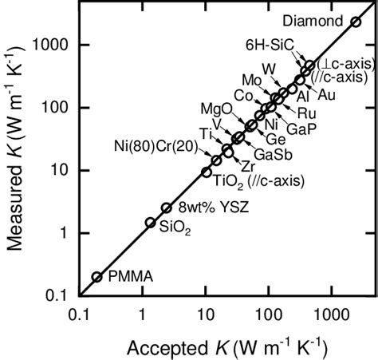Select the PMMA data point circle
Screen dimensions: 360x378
pyautogui.click(x=97, y=277)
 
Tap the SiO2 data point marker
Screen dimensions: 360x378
pyautogui.click(x=150, y=223)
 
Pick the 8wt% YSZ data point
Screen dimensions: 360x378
pyautogui.click(x=166, y=208)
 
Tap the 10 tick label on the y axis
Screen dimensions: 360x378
pyautogui.click(x=62, y=169)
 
